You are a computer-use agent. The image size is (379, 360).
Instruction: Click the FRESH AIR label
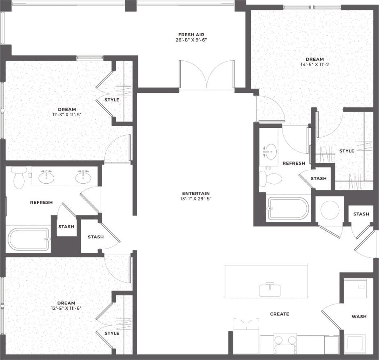tap(191, 35)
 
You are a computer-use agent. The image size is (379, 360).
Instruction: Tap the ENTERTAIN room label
tap(196, 193)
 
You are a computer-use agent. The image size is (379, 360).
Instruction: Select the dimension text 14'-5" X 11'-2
tap(315, 65)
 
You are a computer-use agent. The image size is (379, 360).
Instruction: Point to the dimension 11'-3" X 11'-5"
tap(64, 115)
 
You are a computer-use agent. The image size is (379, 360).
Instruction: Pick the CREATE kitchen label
tap(279, 314)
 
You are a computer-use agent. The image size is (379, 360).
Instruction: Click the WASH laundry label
tap(359, 316)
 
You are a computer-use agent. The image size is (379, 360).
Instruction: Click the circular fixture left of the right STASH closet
tap(330, 210)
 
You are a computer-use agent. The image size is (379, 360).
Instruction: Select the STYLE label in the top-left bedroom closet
tap(112, 100)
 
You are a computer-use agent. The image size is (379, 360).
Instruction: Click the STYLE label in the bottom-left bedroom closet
tap(112, 333)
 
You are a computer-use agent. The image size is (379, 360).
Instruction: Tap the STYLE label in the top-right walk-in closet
tap(347, 151)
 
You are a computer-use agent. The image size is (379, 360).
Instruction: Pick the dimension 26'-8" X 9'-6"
tap(191, 40)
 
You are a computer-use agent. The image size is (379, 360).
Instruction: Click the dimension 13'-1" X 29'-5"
tap(196, 199)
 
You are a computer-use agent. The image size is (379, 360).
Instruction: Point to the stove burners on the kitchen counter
tap(285, 340)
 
